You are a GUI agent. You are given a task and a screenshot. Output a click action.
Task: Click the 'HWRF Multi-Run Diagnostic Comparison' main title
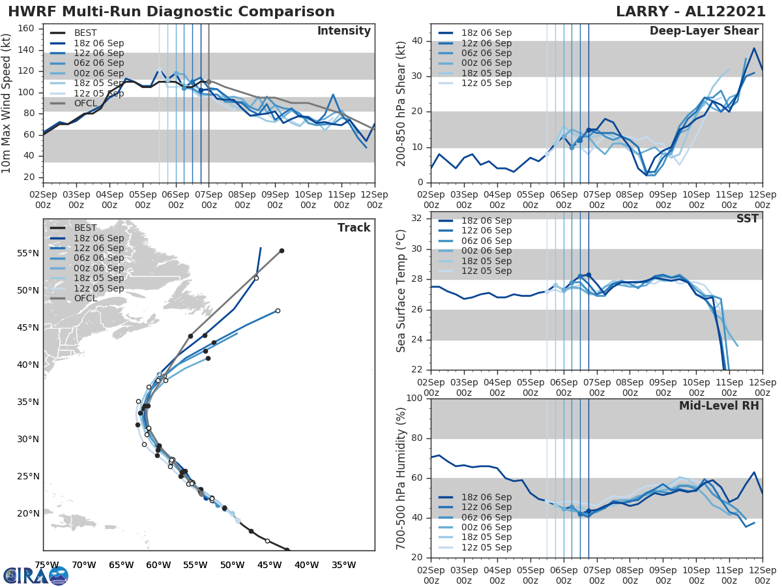pyautogui.click(x=171, y=12)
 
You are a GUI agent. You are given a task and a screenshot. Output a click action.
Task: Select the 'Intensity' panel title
pyautogui.click(x=343, y=31)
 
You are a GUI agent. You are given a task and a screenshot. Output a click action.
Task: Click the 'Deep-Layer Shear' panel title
pyautogui.click(x=704, y=31)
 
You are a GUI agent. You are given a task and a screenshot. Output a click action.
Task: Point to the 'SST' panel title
pyautogui.click(x=747, y=218)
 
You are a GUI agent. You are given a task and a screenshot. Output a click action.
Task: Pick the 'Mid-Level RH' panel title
pyautogui.click(x=719, y=406)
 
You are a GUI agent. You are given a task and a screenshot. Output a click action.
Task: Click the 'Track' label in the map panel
pyautogui.click(x=354, y=228)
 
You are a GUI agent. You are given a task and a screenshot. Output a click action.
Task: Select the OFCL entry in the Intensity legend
pyautogui.click(x=85, y=103)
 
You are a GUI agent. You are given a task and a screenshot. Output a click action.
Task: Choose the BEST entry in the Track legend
pyautogui.click(x=85, y=228)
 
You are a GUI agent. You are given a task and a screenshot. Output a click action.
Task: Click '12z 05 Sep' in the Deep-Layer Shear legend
pyautogui.click(x=484, y=83)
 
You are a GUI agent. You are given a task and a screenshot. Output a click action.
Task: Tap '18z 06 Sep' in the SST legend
pyautogui.click(x=484, y=221)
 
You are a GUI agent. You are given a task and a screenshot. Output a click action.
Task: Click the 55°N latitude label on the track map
pyautogui.click(x=28, y=253)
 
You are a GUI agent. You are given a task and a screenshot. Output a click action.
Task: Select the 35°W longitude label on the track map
pyautogui.click(x=343, y=565)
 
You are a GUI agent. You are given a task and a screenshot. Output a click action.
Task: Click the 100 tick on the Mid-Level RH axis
pyautogui.click(x=413, y=399)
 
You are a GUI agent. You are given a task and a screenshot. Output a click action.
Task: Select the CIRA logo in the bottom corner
pyautogui.click(x=36, y=575)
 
